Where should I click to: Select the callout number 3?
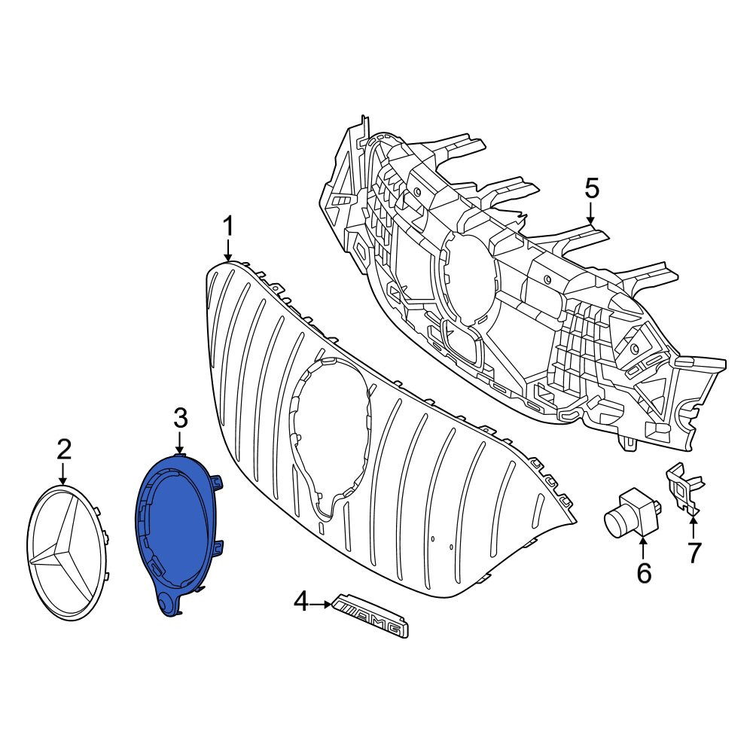(180, 418)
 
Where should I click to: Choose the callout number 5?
(592, 188)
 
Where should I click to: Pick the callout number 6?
(644, 573)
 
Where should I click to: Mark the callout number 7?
(694, 552)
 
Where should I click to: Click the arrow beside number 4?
(321, 605)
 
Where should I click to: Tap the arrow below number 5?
(592, 213)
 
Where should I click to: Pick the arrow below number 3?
(180, 443)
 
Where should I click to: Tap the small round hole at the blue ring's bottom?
(166, 602)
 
